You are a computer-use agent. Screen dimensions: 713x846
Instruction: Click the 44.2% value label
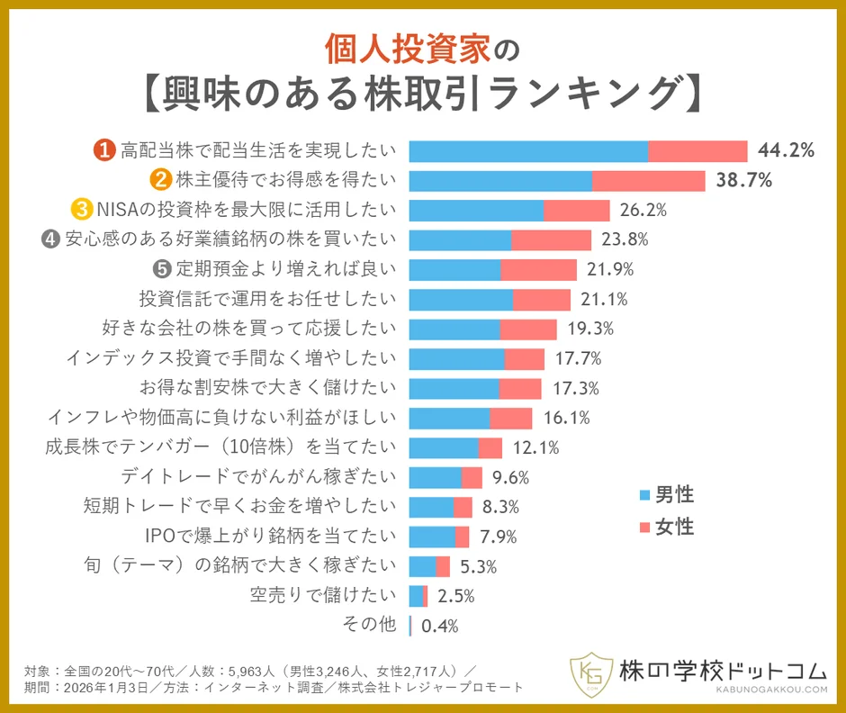click(x=786, y=150)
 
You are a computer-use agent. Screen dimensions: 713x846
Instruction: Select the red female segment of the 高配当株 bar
click(x=697, y=151)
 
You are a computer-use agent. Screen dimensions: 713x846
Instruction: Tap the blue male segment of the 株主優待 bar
click(x=500, y=180)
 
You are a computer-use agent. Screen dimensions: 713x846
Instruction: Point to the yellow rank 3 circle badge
click(x=82, y=210)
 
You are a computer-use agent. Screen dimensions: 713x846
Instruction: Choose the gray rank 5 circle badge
click(x=162, y=269)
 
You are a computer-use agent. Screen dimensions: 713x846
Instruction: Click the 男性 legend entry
click(x=665, y=493)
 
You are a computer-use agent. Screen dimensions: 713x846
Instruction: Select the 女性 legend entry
click(x=665, y=526)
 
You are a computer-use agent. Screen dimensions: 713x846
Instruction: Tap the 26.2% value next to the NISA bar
click(x=643, y=211)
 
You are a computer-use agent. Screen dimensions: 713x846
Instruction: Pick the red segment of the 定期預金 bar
click(x=538, y=269)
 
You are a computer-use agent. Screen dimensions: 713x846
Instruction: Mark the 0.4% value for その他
click(x=440, y=626)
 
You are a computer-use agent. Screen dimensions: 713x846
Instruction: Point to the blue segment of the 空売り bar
click(x=415, y=595)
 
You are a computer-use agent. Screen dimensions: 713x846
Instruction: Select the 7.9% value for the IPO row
click(x=498, y=537)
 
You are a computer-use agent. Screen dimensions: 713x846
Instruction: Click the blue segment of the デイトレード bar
click(x=435, y=477)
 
